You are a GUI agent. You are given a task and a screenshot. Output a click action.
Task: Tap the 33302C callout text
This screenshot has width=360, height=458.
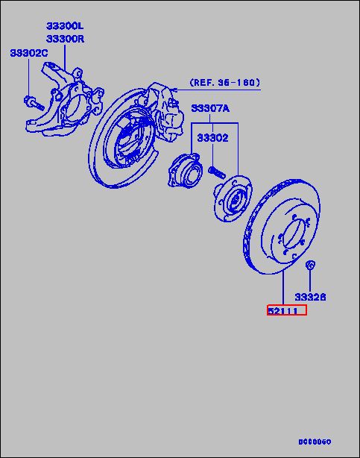tap(29, 53)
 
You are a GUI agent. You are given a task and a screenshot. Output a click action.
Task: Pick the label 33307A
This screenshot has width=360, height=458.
tap(210, 108)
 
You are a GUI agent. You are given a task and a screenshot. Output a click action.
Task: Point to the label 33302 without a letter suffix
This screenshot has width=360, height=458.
tap(212, 137)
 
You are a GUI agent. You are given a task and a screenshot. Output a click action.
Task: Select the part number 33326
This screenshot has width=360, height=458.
tap(311, 296)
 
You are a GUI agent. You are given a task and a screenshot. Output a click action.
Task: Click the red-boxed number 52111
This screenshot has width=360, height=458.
tap(287, 310)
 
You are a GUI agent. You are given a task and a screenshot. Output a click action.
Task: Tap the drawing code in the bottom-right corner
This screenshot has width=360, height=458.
tap(315, 442)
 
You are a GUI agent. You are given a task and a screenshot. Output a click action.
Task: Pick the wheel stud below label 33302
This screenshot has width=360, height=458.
tap(217, 171)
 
